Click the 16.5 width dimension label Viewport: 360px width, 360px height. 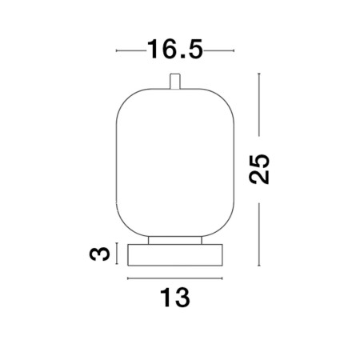[175, 49]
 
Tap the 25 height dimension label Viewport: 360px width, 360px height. [259, 169]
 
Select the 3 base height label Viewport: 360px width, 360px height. [99, 254]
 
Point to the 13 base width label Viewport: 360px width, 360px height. [175, 298]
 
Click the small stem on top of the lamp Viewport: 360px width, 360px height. [175, 82]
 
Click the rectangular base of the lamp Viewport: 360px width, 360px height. [175, 255]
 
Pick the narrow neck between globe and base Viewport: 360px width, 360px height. [175, 240]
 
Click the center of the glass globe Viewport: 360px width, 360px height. [175, 162]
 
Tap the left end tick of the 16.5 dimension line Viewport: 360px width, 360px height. [117, 50]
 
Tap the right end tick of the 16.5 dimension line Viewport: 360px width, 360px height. [234, 50]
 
